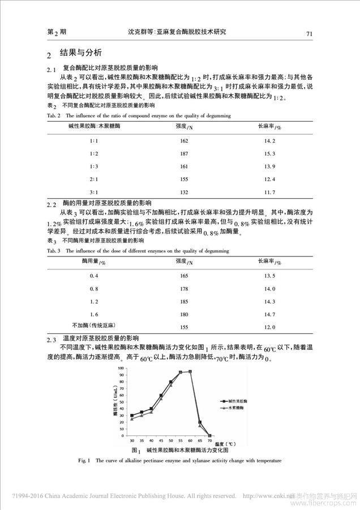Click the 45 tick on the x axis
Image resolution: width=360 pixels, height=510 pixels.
click(x=161, y=440)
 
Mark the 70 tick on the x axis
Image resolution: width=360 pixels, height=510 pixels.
click(x=210, y=440)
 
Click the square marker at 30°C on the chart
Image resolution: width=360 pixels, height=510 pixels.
click(x=131, y=415)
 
